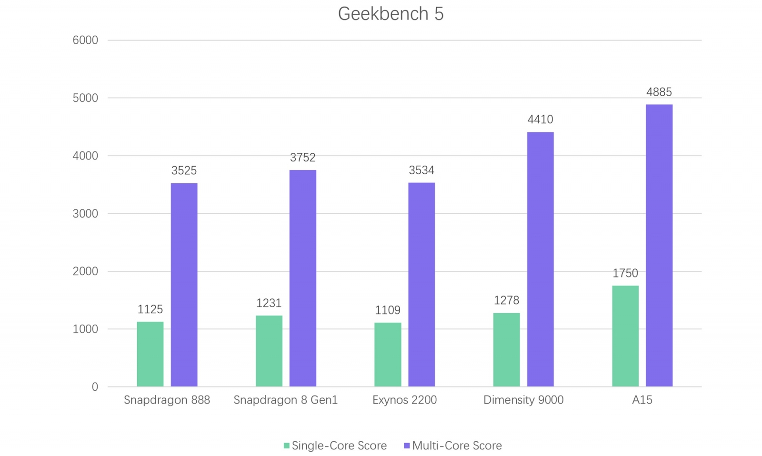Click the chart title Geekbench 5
click(x=391, y=14)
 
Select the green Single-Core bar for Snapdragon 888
click(x=150, y=354)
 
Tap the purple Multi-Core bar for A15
click(x=659, y=245)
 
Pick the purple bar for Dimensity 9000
click(x=540, y=259)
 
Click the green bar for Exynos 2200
click(x=388, y=355)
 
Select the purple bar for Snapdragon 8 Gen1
click(x=302, y=278)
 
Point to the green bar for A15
click(x=625, y=336)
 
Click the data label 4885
click(x=659, y=92)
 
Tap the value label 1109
click(x=388, y=310)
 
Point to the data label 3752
click(x=303, y=158)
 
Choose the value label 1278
click(x=506, y=300)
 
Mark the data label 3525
click(x=184, y=170)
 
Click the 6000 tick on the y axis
click(x=85, y=40)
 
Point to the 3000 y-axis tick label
click(x=85, y=214)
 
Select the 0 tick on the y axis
click(x=95, y=387)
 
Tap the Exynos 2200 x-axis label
click(x=404, y=400)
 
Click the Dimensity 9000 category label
click(x=523, y=400)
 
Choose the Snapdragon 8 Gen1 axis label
click(x=285, y=400)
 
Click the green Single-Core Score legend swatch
click(x=287, y=446)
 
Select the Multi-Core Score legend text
click(x=457, y=446)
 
